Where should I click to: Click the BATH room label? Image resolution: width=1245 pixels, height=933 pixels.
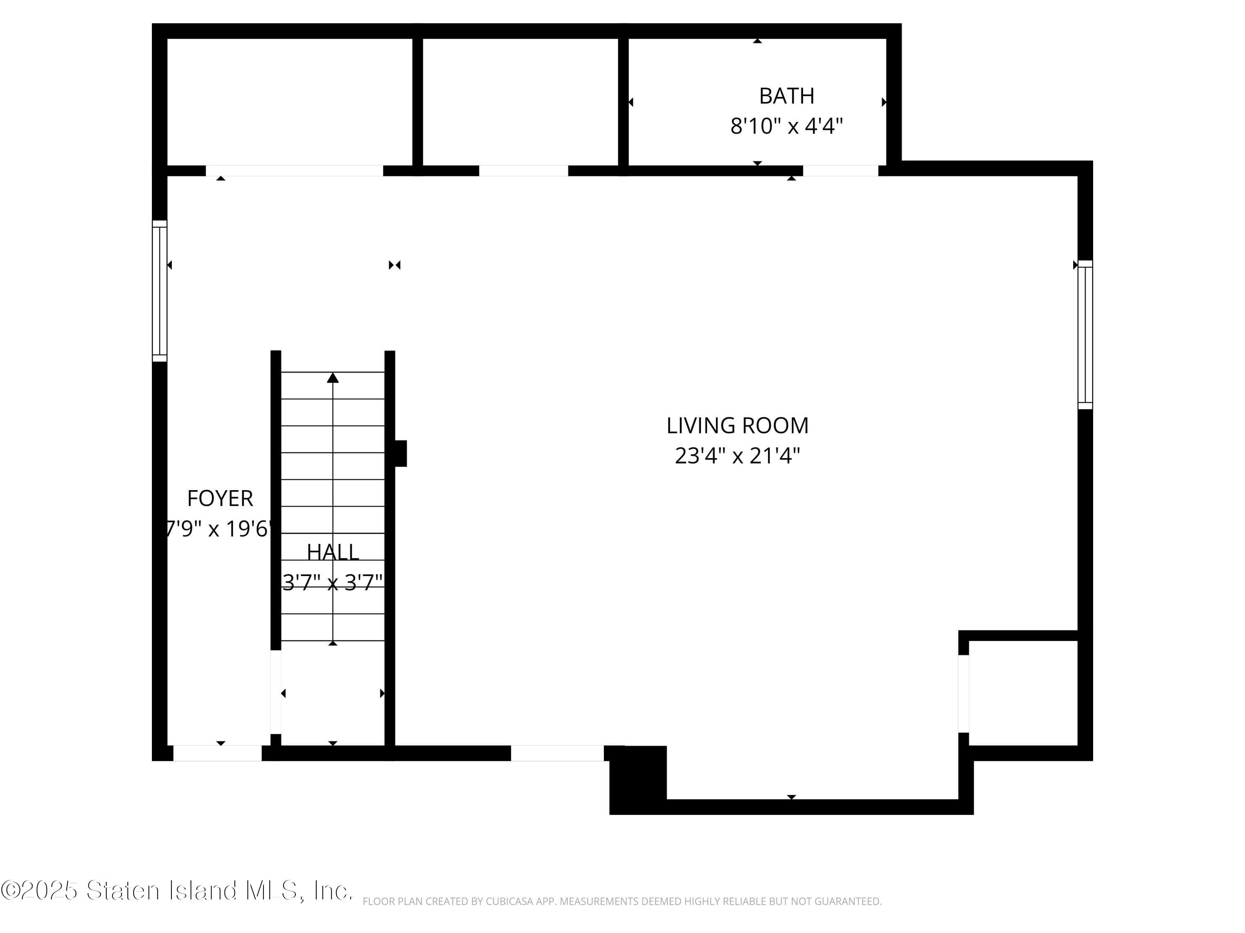pos(786,96)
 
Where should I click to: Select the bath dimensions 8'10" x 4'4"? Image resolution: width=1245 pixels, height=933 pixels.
pos(786,126)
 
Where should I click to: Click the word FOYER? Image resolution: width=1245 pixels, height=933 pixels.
pos(220,499)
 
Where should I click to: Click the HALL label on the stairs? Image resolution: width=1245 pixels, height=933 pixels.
pos(333,552)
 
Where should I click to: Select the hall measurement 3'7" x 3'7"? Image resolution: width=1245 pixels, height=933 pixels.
pos(333,583)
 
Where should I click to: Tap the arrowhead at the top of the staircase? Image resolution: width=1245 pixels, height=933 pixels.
pos(333,378)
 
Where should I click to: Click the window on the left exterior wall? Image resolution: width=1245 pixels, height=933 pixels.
pos(159,291)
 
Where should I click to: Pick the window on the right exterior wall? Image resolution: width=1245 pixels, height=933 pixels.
pos(1085,335)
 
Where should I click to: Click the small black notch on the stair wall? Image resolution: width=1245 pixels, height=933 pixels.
pos(400,453)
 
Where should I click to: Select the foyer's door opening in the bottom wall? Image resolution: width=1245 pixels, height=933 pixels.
pos(217,753)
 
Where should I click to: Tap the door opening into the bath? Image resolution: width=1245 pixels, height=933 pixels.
pos(840,170)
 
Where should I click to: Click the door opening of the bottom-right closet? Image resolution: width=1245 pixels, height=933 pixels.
pos(964,694)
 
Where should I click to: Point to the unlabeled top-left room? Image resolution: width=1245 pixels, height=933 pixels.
pos(290,101)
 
